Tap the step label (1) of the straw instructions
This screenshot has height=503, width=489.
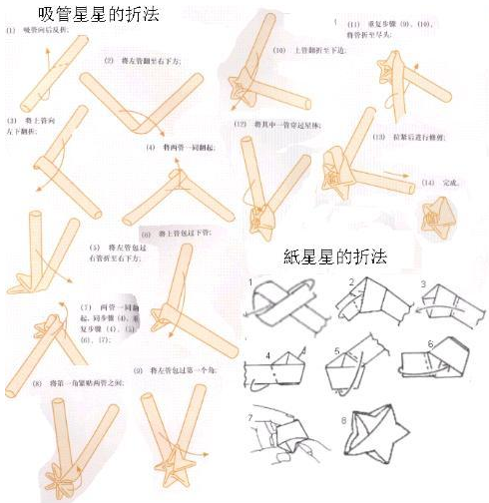10,31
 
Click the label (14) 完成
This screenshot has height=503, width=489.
437,183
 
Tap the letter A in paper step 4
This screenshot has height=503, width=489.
303,350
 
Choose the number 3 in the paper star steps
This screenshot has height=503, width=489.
424,284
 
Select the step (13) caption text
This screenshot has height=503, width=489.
398,136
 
